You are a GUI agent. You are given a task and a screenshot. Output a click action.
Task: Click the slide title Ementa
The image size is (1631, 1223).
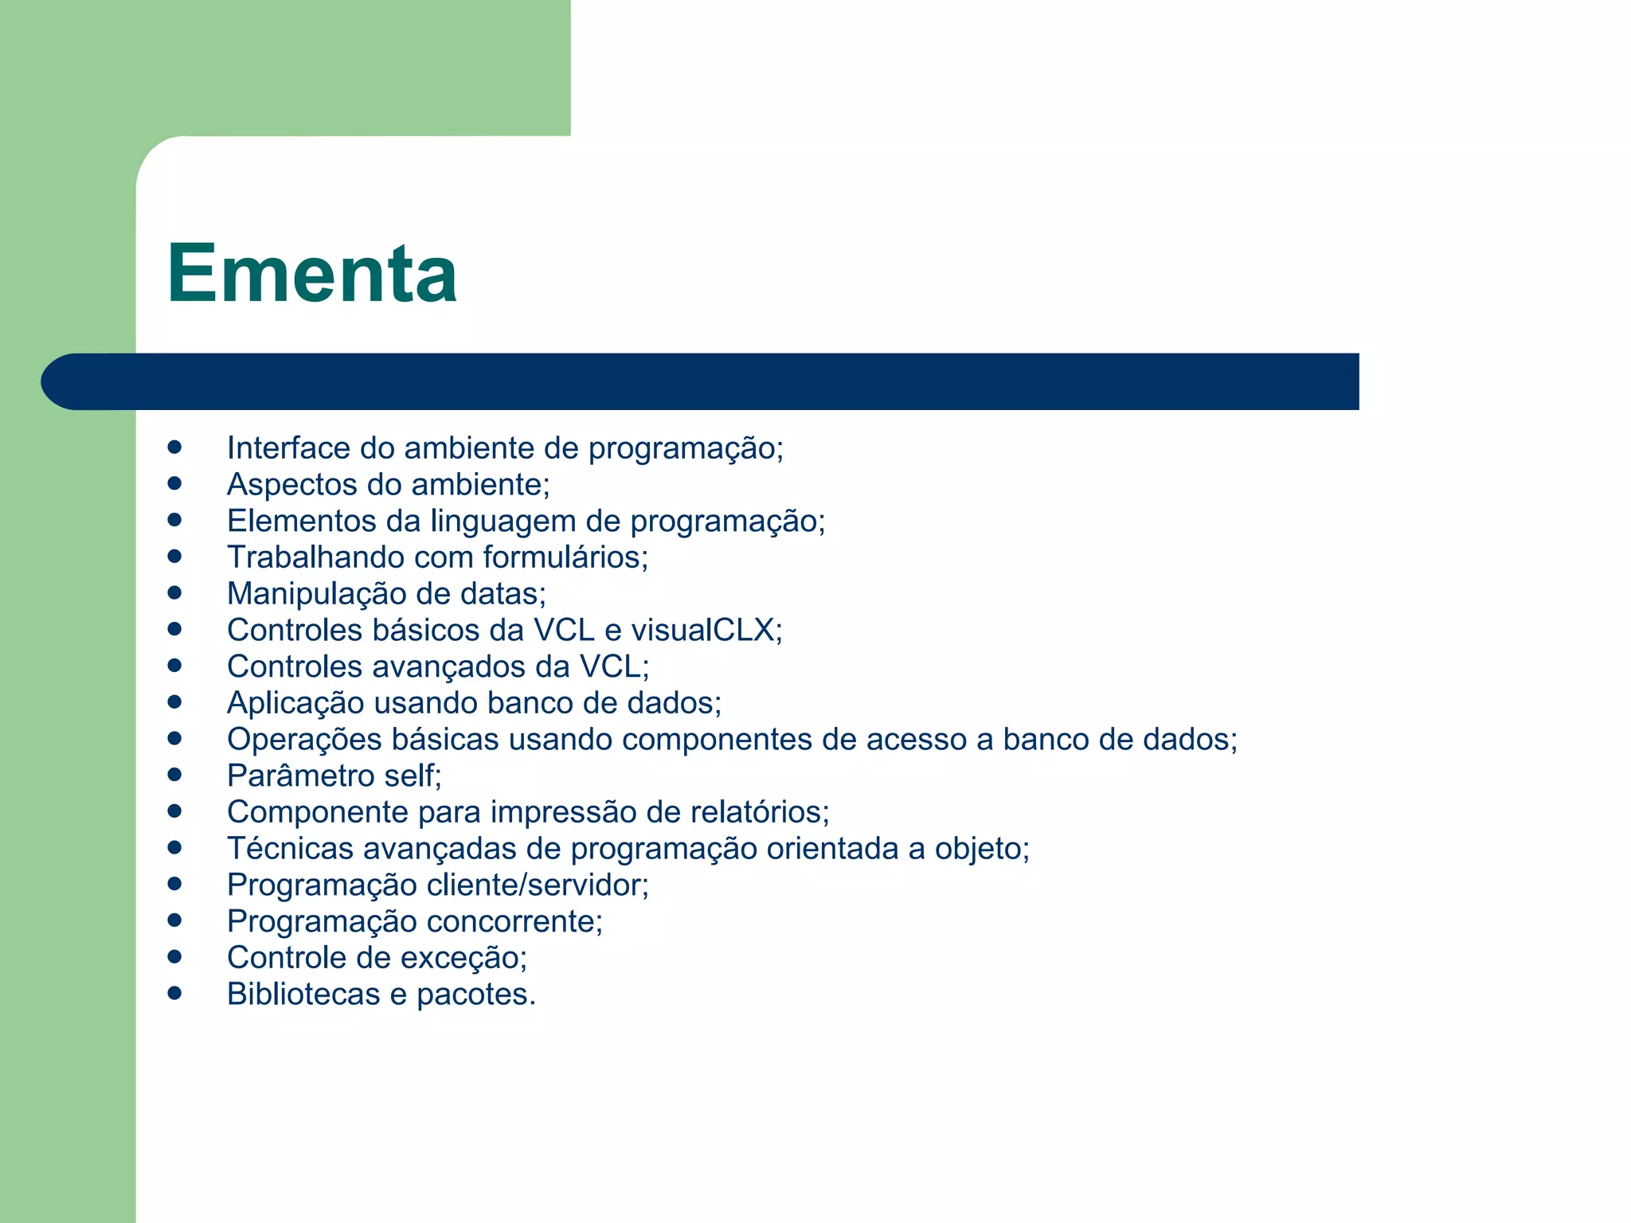point(311,273)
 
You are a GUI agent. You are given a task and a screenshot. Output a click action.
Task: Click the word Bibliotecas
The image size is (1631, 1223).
point(303,994)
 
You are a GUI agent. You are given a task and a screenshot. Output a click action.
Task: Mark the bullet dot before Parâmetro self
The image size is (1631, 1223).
point(175,775)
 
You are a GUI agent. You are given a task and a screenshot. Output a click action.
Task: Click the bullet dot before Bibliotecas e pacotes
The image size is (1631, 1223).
point(175,993)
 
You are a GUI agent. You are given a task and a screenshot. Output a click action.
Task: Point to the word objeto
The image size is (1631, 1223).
point(981,849)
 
